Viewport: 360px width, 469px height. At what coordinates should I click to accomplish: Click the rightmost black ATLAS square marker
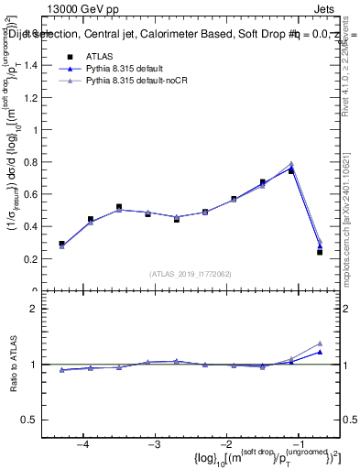[x=320, y=252]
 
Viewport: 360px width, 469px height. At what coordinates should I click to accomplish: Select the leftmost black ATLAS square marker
[x=62, y=244]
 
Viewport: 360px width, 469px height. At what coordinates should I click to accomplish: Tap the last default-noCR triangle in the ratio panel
[x=320, y=344]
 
